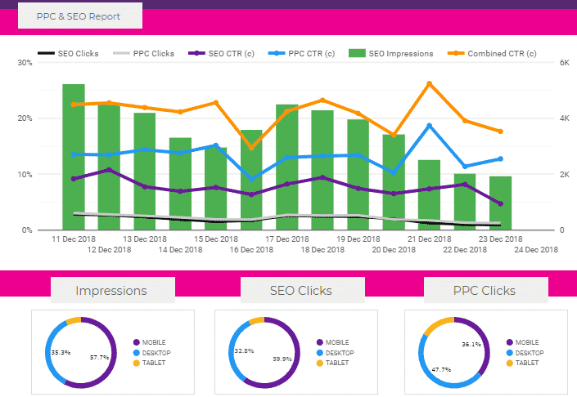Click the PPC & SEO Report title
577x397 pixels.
tap(79, 16)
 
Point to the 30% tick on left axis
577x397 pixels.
tap(24, 63)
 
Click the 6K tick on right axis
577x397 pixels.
tap(564, 63)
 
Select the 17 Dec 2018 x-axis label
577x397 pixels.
tap(286, 239)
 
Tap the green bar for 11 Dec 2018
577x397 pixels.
tap(74, 155)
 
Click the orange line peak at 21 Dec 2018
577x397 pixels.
tap(430, 83)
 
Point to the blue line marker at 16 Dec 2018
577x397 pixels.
tap(251, 179)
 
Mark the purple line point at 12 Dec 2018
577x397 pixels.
tap(110, 170)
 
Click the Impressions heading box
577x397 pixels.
tap(112, 290)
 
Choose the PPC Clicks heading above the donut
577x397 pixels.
tap(485, 290)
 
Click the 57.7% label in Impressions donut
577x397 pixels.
tap(100, 357)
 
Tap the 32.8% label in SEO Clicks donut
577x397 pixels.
tap(244, 350)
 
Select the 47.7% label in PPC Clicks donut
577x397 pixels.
tap(442, 369)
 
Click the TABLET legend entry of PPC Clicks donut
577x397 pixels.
tap(525, 363)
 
